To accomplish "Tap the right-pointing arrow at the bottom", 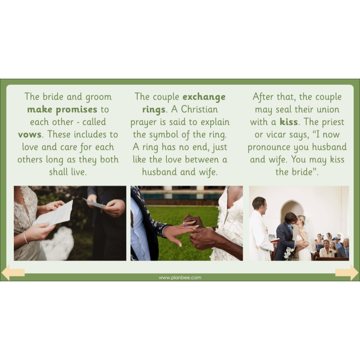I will point(347,272).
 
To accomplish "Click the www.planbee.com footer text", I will point(180,278).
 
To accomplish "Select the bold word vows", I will point(30,134).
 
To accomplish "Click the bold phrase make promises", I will point(62,109).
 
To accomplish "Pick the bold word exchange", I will point(204,97).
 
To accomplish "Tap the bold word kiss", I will point(288,122).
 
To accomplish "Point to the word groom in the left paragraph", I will point(98,97).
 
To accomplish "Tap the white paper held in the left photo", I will point(54,213).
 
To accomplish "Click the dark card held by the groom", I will point(95,203).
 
